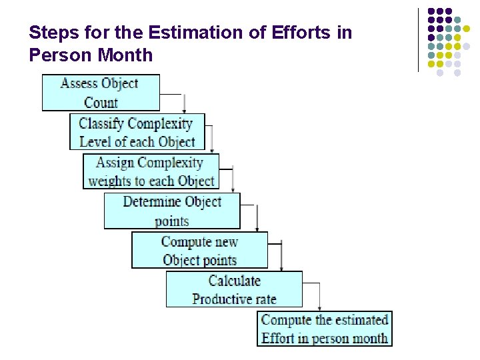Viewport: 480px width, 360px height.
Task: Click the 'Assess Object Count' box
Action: coord(101,93)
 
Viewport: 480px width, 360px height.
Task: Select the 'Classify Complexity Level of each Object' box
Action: coord(137,132)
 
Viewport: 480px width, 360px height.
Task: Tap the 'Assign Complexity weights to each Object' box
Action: coord(151,171)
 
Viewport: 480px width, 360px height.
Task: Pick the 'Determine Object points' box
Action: coord(171,211)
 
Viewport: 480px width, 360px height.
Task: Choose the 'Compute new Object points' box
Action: coord(199,251)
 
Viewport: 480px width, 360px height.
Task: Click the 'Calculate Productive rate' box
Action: coord(234,289)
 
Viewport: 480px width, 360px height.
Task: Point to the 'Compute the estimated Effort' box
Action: coord(324,329)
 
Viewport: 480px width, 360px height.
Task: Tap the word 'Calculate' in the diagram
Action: coord(234,281)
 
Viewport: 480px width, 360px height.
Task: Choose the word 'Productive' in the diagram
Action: coord(220,299)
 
